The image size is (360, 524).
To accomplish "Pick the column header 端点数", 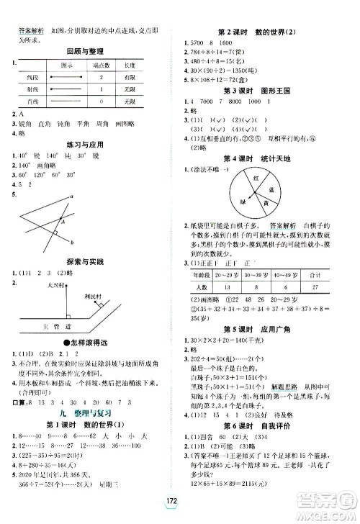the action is click(112, 65).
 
